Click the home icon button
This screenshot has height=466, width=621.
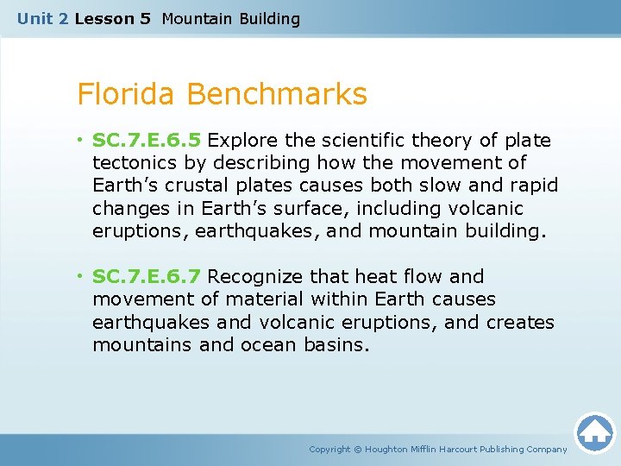(594, 432)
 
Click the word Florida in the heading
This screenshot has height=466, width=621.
(128, 94)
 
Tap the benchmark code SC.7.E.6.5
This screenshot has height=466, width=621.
(147, 141)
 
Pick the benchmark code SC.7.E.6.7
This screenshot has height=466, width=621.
(147, 277)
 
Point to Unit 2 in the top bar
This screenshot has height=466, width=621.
(42, 18)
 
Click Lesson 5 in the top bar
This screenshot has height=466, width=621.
(113, 18)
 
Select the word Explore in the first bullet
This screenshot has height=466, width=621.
(238, 141)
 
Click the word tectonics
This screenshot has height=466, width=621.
(132, 163)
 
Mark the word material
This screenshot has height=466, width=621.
(265, 299)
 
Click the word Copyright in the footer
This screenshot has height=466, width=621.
(329, 449)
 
